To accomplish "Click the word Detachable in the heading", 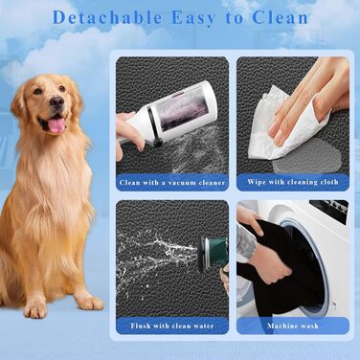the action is coord(107,18).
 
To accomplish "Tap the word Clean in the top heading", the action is coord(281,18).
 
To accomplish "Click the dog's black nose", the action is coord(57,102).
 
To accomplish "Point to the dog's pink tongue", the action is coord(56,125).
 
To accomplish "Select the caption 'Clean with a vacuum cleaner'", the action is coord(172,183).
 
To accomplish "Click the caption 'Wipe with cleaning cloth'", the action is coord(293,182).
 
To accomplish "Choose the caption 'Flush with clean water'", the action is coord(172,326).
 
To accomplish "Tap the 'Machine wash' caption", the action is coord(293,326).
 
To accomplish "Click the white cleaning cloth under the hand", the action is coord(284,127).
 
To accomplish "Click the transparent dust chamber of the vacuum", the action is coord(184,110).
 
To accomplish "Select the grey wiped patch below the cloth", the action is coord(306,157).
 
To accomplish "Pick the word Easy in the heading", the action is coord(193,18).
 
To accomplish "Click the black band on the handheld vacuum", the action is coord(154,125).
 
